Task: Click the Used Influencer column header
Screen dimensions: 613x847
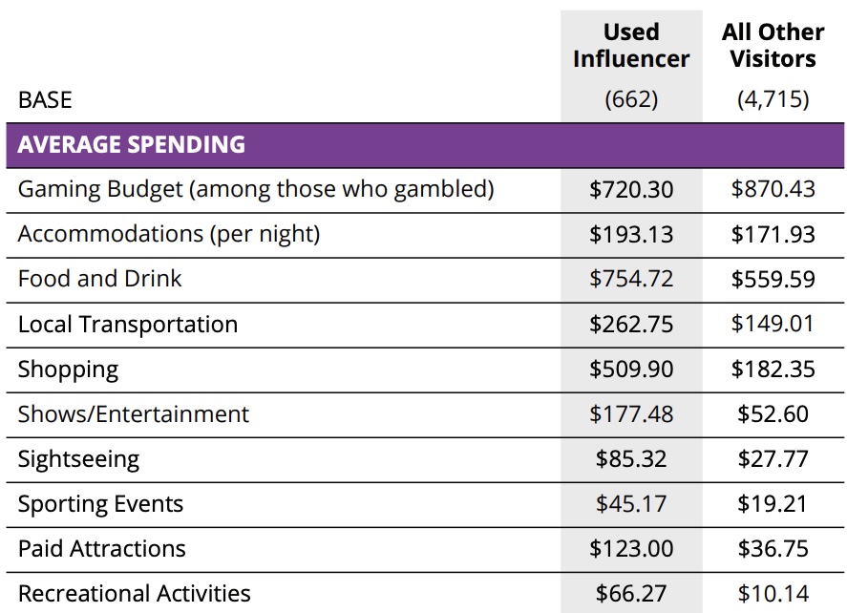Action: [631, 45]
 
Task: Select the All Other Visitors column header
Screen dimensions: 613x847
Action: [773, 45]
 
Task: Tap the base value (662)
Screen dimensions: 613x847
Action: [631, 99]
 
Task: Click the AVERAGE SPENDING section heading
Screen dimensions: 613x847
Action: [132, 145]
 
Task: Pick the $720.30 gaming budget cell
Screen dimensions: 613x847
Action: [631, 189]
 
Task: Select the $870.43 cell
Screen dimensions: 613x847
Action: [773, 189]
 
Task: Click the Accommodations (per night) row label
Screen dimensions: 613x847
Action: [169, 234]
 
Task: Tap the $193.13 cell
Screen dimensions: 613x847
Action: [631, 234]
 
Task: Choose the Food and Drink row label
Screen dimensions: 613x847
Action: [100, 279]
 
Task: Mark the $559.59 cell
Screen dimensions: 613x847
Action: [773, 279]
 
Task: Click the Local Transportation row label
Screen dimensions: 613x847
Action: [128, 324]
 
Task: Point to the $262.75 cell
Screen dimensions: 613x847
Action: [631, 324]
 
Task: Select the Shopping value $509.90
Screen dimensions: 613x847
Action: [631, 369]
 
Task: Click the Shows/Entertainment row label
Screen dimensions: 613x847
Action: [134, 413]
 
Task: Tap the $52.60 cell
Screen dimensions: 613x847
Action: [773, 413]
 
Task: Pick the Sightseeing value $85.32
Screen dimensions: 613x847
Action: [631, 458]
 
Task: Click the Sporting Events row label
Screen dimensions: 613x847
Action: [100, 503]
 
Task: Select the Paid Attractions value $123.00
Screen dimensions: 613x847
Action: [631, 548]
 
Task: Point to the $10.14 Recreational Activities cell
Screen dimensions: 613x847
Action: [773, 593]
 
